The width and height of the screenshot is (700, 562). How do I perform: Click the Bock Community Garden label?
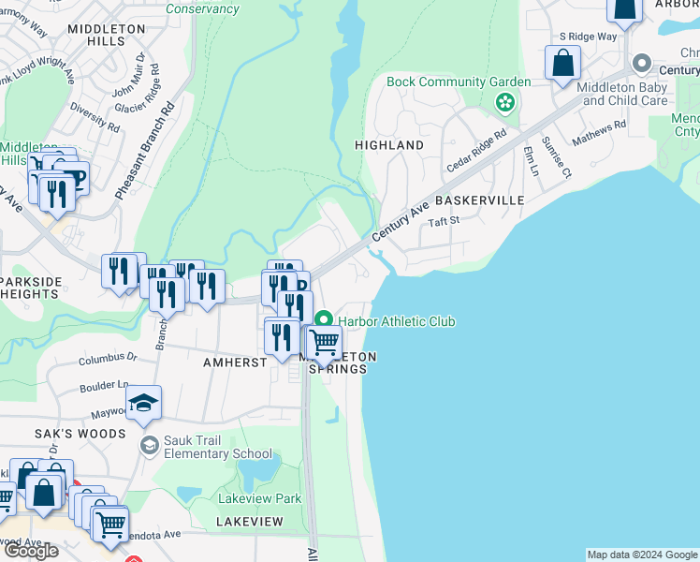point(459,81)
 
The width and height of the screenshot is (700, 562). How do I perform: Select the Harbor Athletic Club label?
point(397,321)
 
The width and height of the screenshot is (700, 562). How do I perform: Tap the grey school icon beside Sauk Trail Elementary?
point(148,443)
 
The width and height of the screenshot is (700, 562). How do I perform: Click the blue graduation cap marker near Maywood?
point(143,403)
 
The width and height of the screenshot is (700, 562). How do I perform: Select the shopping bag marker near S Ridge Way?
point(563,64)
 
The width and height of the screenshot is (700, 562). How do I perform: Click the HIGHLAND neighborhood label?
point(388,145)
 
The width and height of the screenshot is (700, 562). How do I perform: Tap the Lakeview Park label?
point(260,498)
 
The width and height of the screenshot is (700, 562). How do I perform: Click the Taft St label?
point(445,221)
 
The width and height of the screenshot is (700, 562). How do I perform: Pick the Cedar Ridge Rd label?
point(476,149)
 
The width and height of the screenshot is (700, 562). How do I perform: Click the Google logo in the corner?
point(31,550)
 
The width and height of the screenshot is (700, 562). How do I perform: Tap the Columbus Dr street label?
point(108,358)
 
